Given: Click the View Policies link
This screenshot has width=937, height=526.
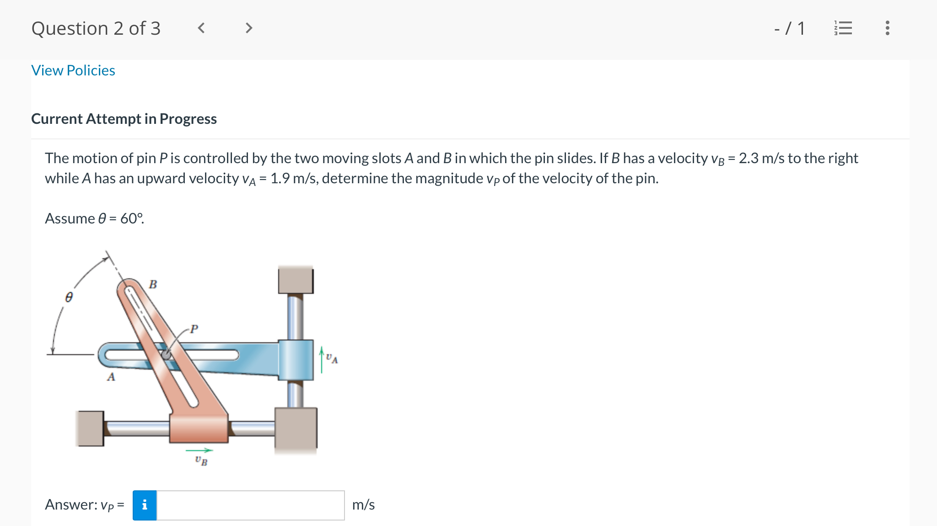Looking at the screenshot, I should [x=73, y=70].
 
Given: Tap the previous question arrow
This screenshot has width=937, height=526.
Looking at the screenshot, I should [x=201, y=28].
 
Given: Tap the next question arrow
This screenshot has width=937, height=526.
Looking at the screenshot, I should [x=248, y=28].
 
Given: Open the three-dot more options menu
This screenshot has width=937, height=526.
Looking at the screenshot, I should [x=887, y=28].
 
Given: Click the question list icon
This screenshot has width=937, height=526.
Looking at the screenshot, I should [x=843, y=28].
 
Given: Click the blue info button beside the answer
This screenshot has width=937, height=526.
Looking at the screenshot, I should [x=145, y=505].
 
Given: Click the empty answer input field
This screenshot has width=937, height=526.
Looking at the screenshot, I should [x=250, y=505].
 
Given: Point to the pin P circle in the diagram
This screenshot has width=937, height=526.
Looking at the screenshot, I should [x=166, y=355].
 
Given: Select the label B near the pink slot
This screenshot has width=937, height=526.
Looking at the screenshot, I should [x=153, y=284].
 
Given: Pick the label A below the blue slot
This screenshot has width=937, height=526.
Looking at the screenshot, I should [x=111, y=377].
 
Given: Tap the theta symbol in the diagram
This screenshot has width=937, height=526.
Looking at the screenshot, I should [x=69, y=298].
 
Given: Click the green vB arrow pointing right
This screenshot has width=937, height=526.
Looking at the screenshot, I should [x=199, y=451].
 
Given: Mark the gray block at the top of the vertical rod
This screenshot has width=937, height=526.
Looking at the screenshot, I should [x=296, y=280].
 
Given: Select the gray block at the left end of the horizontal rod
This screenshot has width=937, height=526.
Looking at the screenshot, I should [x=90, y=428].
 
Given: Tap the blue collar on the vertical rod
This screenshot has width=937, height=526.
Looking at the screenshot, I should [x=296, y=360].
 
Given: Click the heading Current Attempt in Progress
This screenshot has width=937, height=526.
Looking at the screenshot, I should [x=124, y=119].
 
